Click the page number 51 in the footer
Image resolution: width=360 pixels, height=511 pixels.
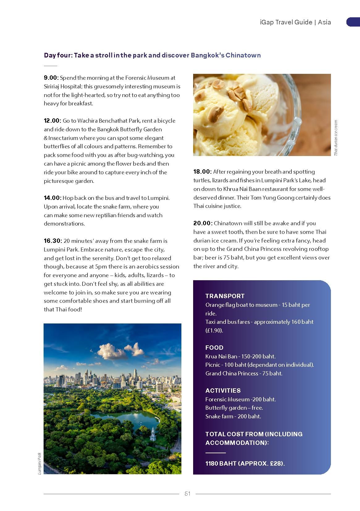point(187,494)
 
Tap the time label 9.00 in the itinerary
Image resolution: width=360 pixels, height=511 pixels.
point(51,78)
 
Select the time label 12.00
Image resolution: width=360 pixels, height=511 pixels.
point(53,121)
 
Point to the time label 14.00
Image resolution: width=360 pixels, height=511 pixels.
point(53,198)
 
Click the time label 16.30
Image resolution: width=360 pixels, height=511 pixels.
point(53,241)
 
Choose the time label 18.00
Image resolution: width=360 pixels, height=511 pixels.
point(202,172)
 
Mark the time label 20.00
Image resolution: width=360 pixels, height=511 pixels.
point(203,223)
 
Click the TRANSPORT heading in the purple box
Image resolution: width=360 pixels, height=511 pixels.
point(225,296)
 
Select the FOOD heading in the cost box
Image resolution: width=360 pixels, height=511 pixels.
point(214,348)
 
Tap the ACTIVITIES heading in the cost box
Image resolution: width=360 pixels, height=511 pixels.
point(223,391)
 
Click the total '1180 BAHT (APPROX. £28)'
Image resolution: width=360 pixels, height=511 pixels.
point(245,463)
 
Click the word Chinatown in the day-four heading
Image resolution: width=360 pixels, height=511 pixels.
point(243,55)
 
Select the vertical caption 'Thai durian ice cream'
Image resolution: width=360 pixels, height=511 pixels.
point(336,138)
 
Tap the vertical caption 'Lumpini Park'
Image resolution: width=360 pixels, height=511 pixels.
point(39,463)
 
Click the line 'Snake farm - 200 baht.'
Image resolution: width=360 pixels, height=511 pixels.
point(233,416)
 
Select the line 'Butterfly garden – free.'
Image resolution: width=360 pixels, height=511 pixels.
point(234,408)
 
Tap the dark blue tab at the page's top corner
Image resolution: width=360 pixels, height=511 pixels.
point(353,22)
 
